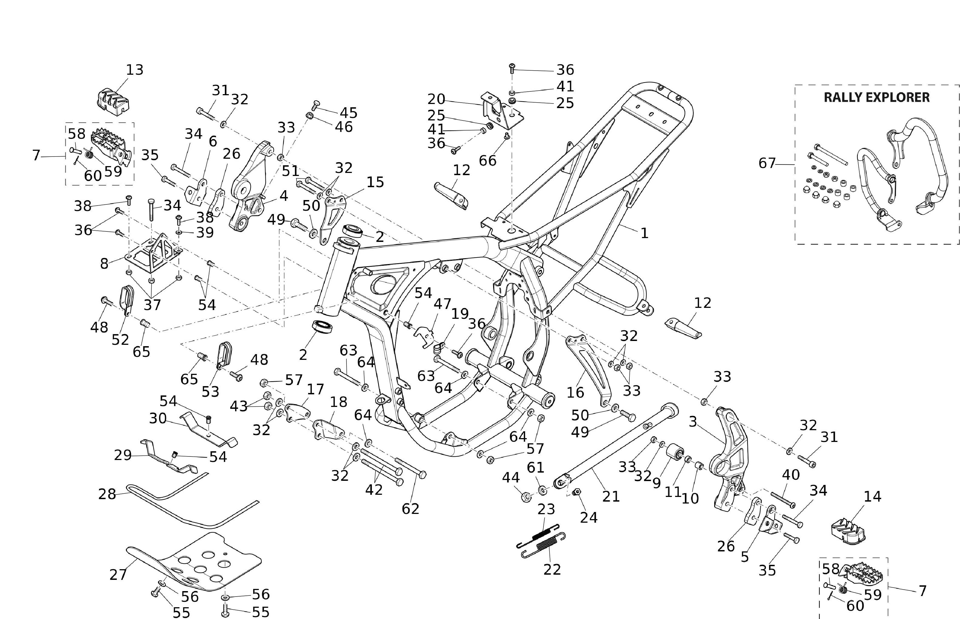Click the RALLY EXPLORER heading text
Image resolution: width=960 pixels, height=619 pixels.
pyautogui.click(x=877, y=97)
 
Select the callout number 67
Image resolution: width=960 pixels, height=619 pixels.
pyautogui.click(x=767, y=163)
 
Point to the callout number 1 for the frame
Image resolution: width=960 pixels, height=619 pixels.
pyautogui.click(x=644, y=233)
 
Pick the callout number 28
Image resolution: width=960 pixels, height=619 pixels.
pyautogui.click(x=107, y=494)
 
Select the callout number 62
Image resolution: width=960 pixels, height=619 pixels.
pyautogui.click(x=410, y=509)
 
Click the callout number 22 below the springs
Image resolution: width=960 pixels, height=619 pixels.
pyautogui.click(x=552, y=569)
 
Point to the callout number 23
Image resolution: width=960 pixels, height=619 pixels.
pyautogui.click(x=546, y=509)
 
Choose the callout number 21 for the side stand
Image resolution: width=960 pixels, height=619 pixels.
pyautogui.click(x=611, y=497)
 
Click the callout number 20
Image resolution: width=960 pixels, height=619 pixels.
pyautogui.click(x=436, y=99)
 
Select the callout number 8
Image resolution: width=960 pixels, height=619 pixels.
pyautogui.click(x=104, y=264)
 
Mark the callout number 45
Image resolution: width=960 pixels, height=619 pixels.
pyautogui.click(x=348, y=113)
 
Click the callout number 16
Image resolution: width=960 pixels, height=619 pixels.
pyautogui.click(x=575, y=392)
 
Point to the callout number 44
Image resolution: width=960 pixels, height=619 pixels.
pyautogui.click(x=511, y=478)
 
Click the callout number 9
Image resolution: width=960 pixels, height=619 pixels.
pyautogui.click(x=656, y=483)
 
